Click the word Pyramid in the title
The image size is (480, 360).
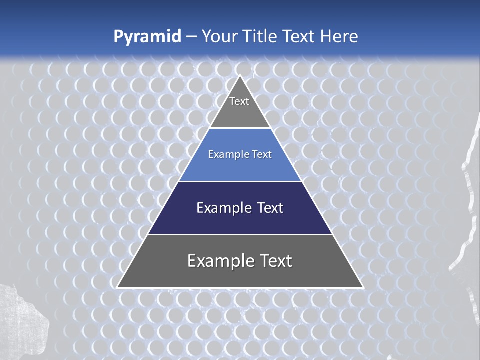pos(147,37)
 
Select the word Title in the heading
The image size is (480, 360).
pos(259,36)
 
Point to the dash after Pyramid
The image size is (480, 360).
pos(191,37)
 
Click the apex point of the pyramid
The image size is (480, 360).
pos(240,76)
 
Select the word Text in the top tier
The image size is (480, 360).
pos(239,101)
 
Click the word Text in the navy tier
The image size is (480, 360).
pos(270,208)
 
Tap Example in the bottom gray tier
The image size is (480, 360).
pos(220,261)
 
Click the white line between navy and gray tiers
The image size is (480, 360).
pos(240,234)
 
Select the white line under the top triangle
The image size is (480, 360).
pos(240,128)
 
